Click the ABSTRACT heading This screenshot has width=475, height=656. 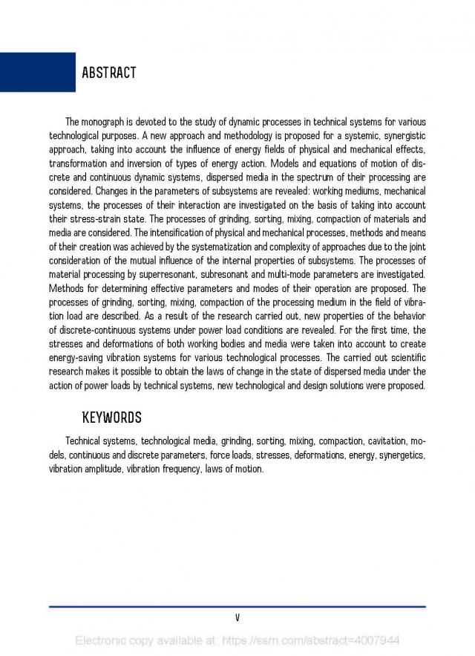click(x=108, y=73)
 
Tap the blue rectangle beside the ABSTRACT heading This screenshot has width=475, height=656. click(x=37, y=72)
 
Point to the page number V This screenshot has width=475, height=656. click(x=237, y=617)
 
